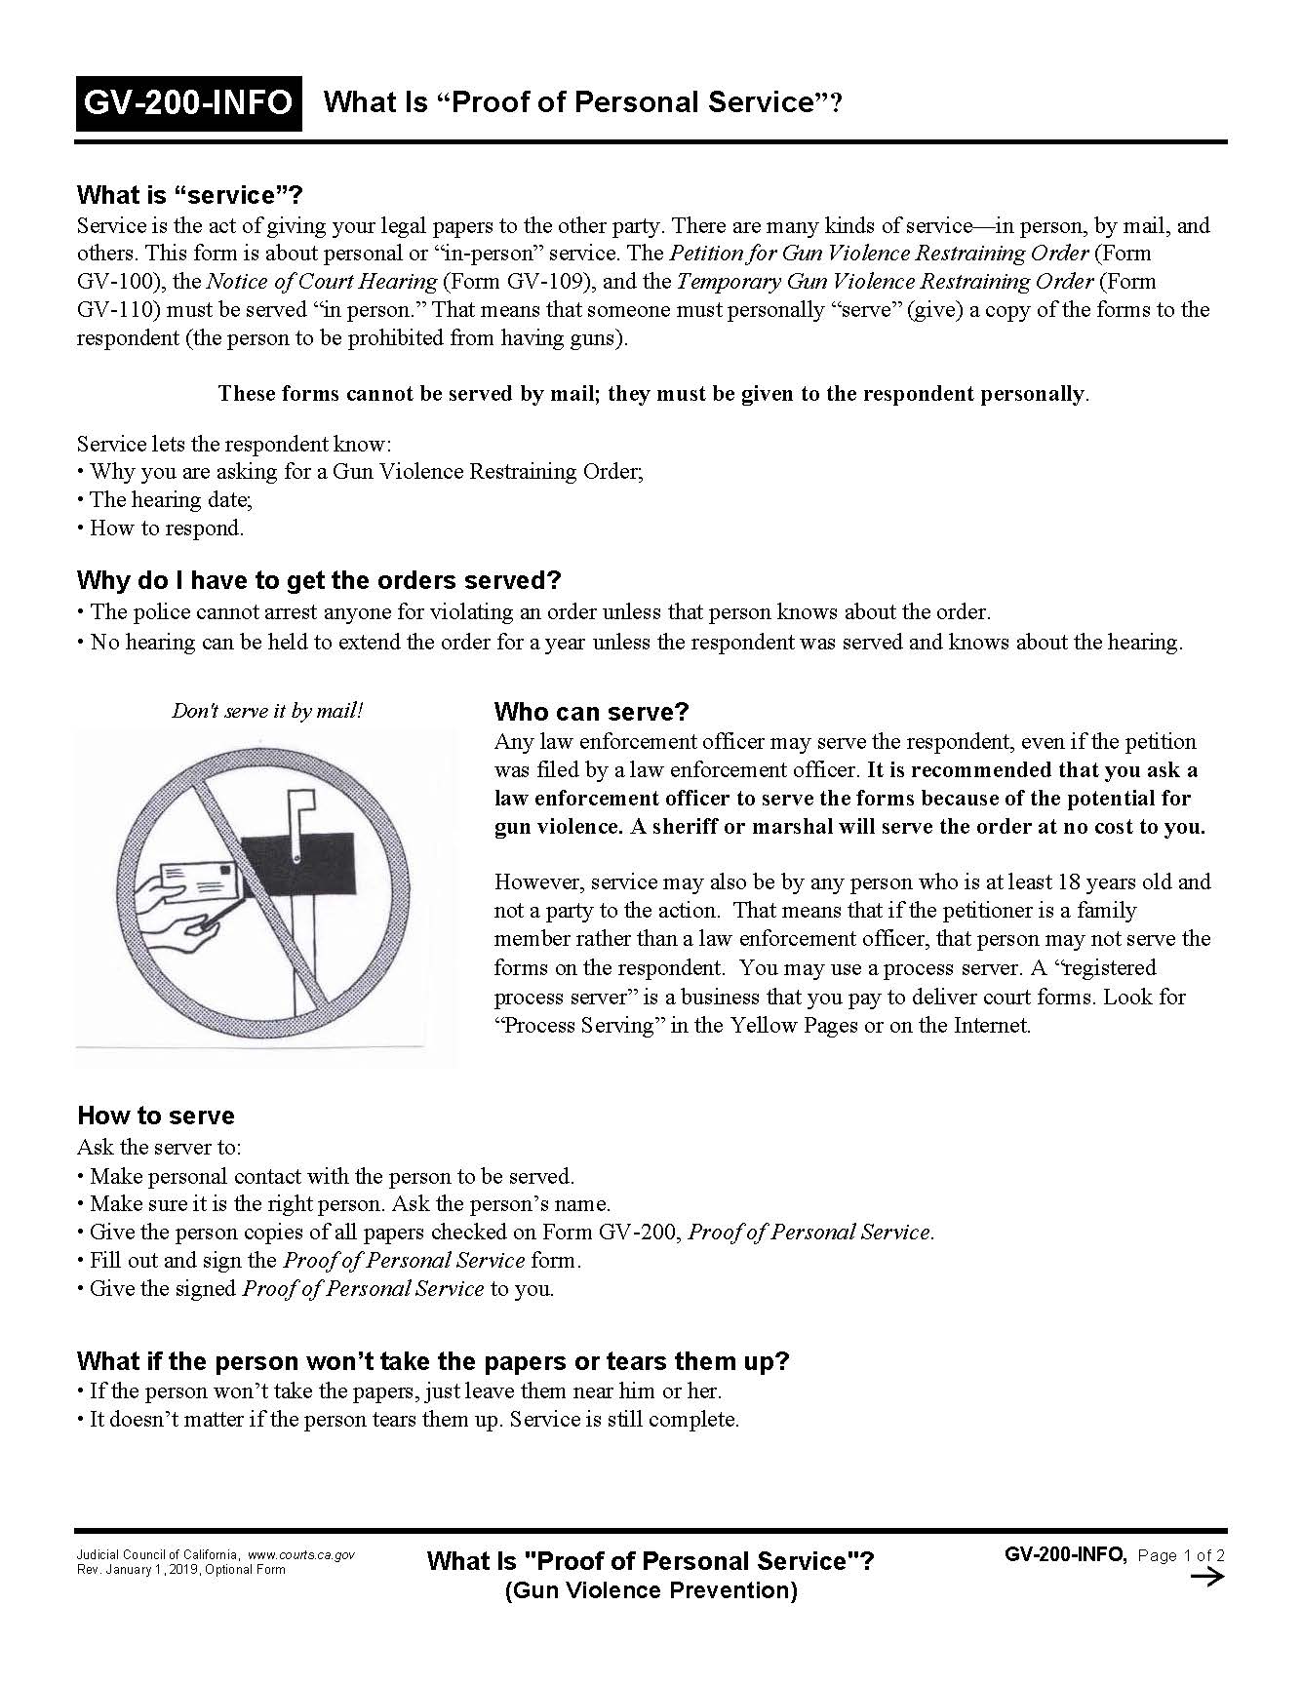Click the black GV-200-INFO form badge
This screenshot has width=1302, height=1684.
point(188,102)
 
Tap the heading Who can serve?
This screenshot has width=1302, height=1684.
point(591,711)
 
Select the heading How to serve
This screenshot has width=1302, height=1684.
point(155,1116)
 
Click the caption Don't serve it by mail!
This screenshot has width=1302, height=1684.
point(267,711)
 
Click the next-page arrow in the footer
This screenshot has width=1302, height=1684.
point(1207,1578)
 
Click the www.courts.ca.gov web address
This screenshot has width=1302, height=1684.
point(300,1555)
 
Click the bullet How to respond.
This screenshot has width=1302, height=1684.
point(162,528)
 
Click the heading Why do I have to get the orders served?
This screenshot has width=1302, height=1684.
point(319,580)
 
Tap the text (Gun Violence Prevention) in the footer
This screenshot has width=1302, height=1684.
point(651,1590)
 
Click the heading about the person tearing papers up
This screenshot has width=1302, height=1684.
point(432,1360)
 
